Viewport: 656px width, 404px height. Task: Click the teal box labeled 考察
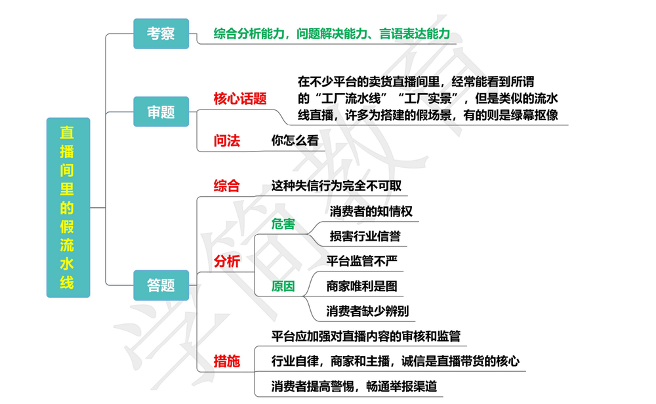click(x=161, y=33)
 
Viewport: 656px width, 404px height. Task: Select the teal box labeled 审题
click(x=161, y=112)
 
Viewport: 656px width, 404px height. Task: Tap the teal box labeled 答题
click(x=161, y=285)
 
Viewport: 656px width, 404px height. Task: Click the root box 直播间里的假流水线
click(x=68, y=207)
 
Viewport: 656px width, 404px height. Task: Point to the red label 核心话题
click(x=240, y=99)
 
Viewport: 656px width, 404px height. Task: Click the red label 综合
click(x=227, y=186)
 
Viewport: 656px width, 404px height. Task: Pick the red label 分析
click(x=227, y=261)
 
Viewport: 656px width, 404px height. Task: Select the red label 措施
click(x=227, y=361)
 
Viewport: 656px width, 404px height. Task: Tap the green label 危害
click(x=283, y=224)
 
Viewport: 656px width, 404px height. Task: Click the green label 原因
click(x=283, y=286)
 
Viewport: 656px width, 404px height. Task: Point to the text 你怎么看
click(x=295, y=140)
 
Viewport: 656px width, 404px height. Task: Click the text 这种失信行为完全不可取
click(x=337, y=186)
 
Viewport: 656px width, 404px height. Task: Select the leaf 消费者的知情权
click(x=371, y=211)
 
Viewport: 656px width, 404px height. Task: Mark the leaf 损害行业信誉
click(x=365, y=236)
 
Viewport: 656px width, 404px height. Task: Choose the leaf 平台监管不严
click(x=362, y=261)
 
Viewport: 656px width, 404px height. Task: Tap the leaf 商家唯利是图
click(x=361, y=286)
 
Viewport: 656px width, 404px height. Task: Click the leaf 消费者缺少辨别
click(x=367, y=311)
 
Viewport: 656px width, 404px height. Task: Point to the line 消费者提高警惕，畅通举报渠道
click(x=354, y=386)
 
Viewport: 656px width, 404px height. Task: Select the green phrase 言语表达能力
click(x=415, y=33)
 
